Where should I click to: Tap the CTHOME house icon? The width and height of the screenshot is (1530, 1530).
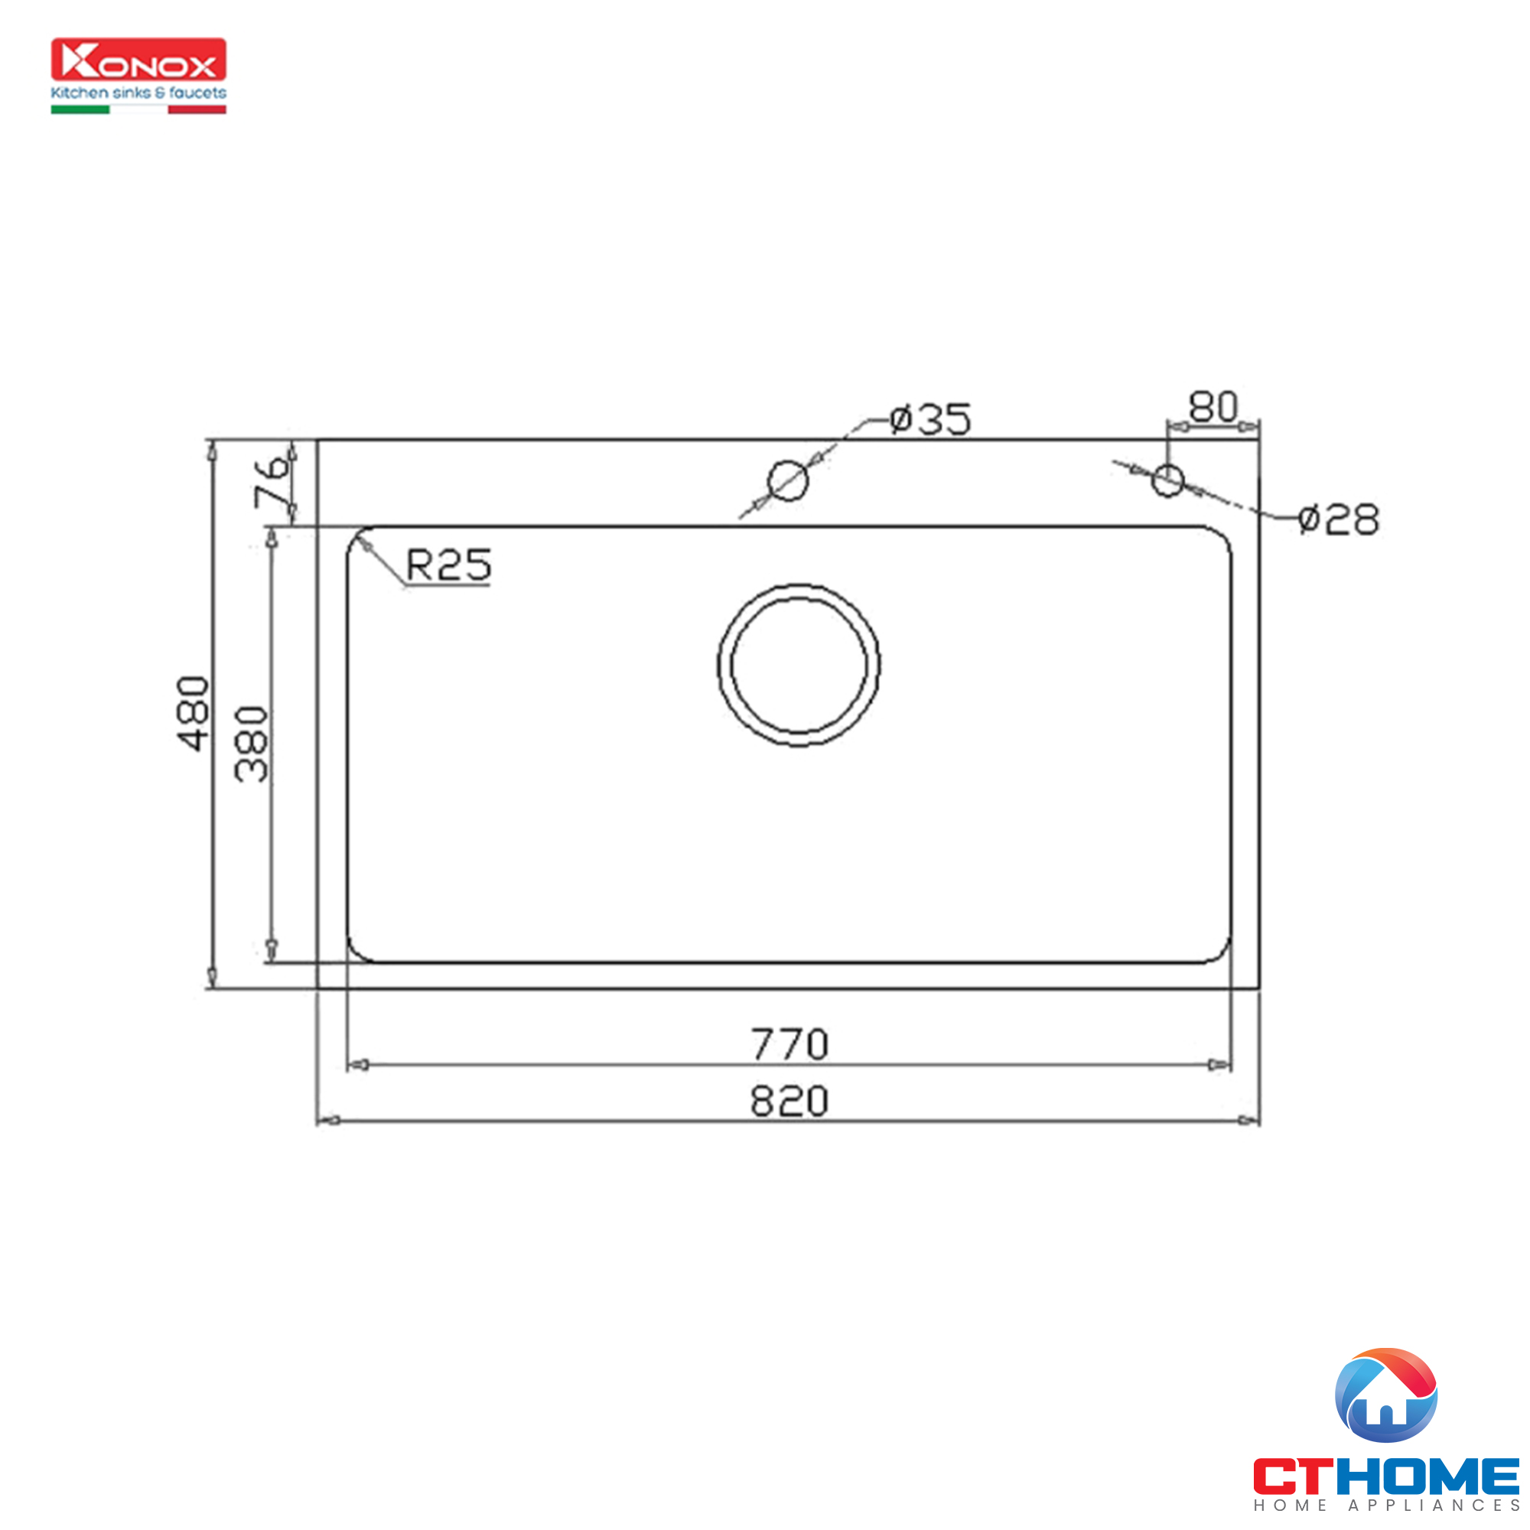click(1386, 1395)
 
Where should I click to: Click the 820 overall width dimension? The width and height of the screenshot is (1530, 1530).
click(789, 1102)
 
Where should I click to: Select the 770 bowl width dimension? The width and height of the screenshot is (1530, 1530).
click(789, 1043)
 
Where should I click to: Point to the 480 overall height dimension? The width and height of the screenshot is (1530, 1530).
click(194, 713)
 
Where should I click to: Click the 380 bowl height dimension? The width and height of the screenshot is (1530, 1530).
click(252, 744)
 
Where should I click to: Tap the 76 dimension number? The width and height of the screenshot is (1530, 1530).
click(271, 481)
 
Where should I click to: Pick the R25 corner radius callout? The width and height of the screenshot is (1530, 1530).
click(448, 565)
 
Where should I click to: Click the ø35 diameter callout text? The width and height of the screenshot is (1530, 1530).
click(929, 419)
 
